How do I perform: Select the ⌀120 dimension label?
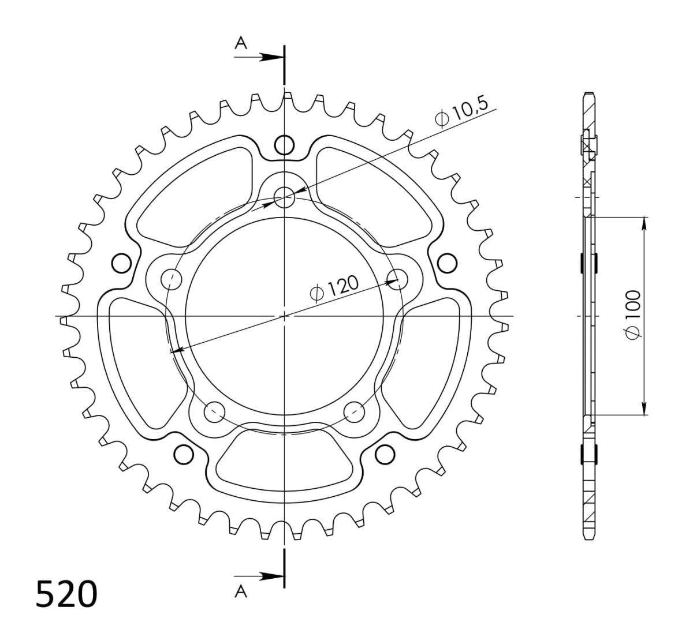point(334,289)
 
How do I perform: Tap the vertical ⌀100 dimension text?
point(633,315)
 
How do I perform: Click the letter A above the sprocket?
point(241,43)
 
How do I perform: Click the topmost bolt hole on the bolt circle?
point(284,197)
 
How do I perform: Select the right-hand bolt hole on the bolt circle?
point(397,279)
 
